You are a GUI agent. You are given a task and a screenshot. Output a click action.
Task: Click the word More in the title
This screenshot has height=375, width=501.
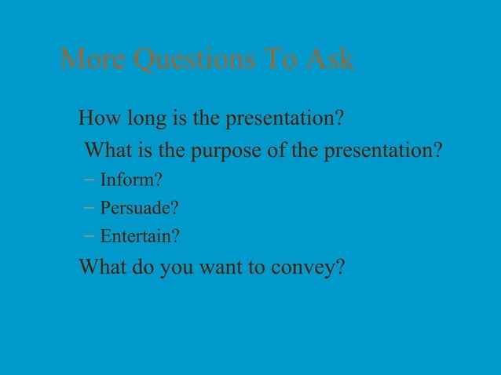tap(93, 59)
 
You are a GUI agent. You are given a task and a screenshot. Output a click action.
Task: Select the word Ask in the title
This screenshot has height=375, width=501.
tap(329, 59)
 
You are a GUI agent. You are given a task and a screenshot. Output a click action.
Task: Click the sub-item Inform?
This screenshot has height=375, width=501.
tap(131, 180)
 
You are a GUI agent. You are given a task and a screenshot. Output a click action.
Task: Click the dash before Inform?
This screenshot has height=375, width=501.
tap(88, 180)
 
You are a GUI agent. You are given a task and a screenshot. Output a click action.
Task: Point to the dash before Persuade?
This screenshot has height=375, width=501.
tap(88, 209)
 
